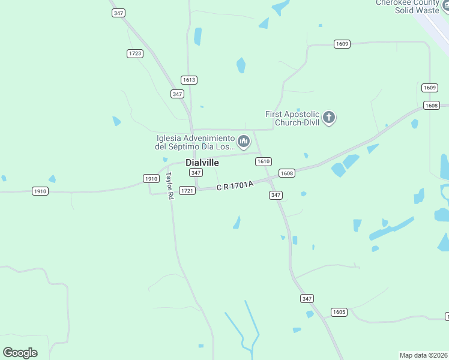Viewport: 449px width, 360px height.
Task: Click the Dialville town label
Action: click(x=202, y=163)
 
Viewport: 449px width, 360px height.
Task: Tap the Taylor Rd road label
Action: click(x=170, y=185)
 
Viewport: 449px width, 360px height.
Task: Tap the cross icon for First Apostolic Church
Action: click(x=328, y=117)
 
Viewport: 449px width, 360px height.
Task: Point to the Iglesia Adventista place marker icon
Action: click(x=243, y=142)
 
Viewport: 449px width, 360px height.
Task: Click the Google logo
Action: click(x=20, y=353)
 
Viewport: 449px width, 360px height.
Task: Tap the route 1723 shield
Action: click(x=135, y=53)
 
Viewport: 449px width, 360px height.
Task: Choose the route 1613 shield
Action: click(x=189, y=80)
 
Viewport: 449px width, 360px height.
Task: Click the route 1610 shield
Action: click(x=264, y=161)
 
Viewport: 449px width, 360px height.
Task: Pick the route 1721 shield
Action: click(x=187, y=190)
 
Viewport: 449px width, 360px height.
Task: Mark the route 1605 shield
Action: click(x=339, y=312)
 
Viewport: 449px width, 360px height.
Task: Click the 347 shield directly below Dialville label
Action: click(x=196, y=173)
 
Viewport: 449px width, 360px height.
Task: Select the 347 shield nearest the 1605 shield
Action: click(x=307, y=298)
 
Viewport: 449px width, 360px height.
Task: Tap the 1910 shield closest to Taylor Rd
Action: click(x=151, y=178)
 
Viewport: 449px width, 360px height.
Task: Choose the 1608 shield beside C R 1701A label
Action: click(x=287, y=173)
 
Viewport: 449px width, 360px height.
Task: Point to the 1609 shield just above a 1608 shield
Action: click(x=429, y=88)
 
